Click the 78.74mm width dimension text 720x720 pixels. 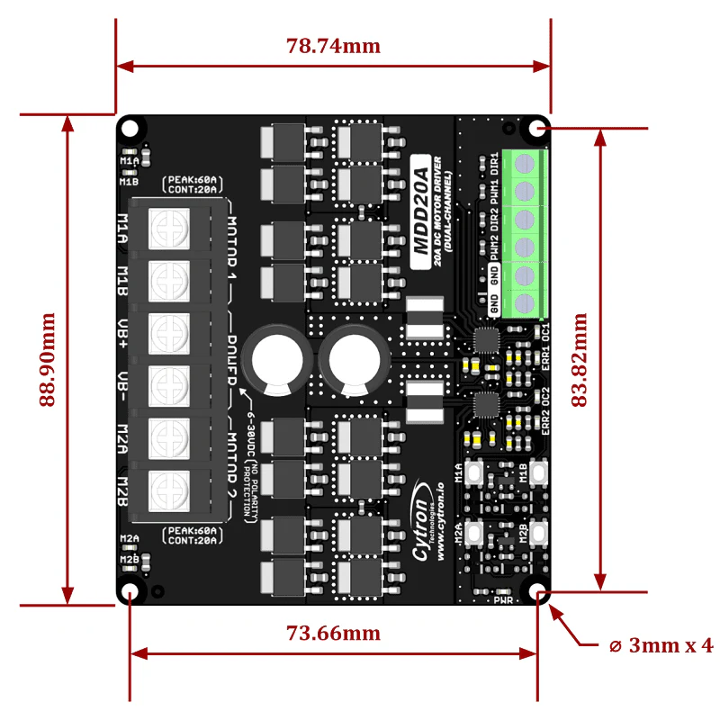333,47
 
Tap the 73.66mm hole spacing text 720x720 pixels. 333,633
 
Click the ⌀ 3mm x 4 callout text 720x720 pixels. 658,645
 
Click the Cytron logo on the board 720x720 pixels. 424,522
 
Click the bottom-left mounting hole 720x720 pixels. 131,591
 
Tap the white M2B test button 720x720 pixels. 539,531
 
